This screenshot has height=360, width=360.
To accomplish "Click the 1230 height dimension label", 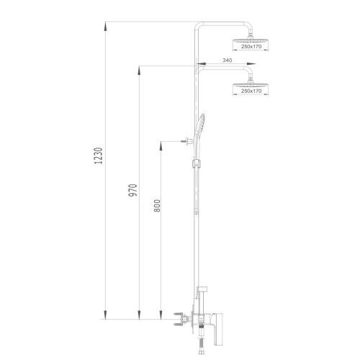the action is [x=99, y=156].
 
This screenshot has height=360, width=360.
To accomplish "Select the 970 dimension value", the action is [x=132, y=190].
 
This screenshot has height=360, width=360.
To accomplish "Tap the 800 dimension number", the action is [x=157, y=205].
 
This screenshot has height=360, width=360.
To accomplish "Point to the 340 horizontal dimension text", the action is [x=228, y=60].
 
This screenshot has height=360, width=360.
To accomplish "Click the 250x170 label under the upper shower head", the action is [x=251, y=47].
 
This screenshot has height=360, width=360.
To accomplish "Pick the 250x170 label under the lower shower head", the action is [x=251, y=91].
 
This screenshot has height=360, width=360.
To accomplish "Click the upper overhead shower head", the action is [x=251, y=40].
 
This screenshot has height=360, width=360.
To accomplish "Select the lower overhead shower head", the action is [x=251, y=84].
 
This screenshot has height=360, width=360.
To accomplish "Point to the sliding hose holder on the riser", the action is [x=197, y=163].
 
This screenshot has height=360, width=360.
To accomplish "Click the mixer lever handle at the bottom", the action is [x=217, y=332].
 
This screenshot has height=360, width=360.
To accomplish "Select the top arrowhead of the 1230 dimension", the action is [x=105, y=27].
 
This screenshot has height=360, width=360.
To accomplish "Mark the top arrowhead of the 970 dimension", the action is [x=139, y=71].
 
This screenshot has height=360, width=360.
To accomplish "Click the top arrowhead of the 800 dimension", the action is [x=161, y=146].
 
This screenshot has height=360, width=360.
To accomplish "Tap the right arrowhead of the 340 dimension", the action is [x=251, y=64].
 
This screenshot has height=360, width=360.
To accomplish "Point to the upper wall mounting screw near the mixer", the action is [x=177, y=314].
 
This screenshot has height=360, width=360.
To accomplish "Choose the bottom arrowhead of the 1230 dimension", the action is [x=105, y=315].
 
